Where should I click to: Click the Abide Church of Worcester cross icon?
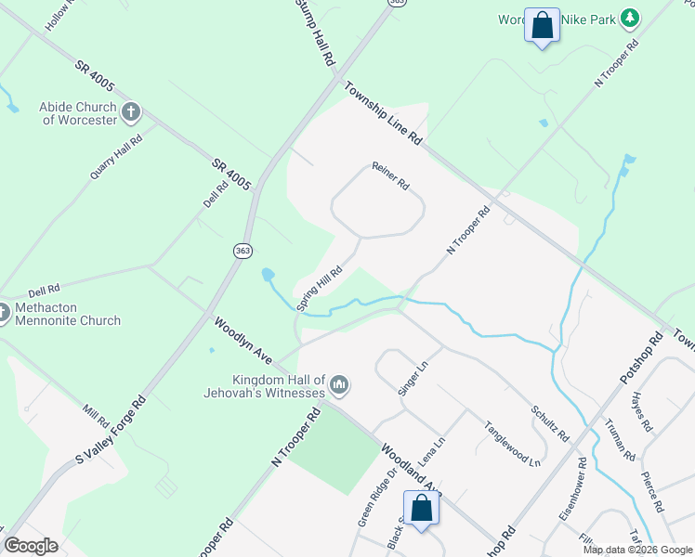130,113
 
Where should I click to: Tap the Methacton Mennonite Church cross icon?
3,313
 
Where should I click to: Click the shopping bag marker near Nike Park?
542,25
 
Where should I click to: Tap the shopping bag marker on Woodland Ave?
422,509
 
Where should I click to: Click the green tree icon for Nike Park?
631,18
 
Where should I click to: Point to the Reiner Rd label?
390,175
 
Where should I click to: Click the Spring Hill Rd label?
320,289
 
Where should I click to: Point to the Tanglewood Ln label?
511,443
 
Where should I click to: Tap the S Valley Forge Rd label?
111,433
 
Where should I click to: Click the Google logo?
32,546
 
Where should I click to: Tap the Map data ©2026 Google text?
638,550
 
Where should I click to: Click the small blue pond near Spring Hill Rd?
268,275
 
